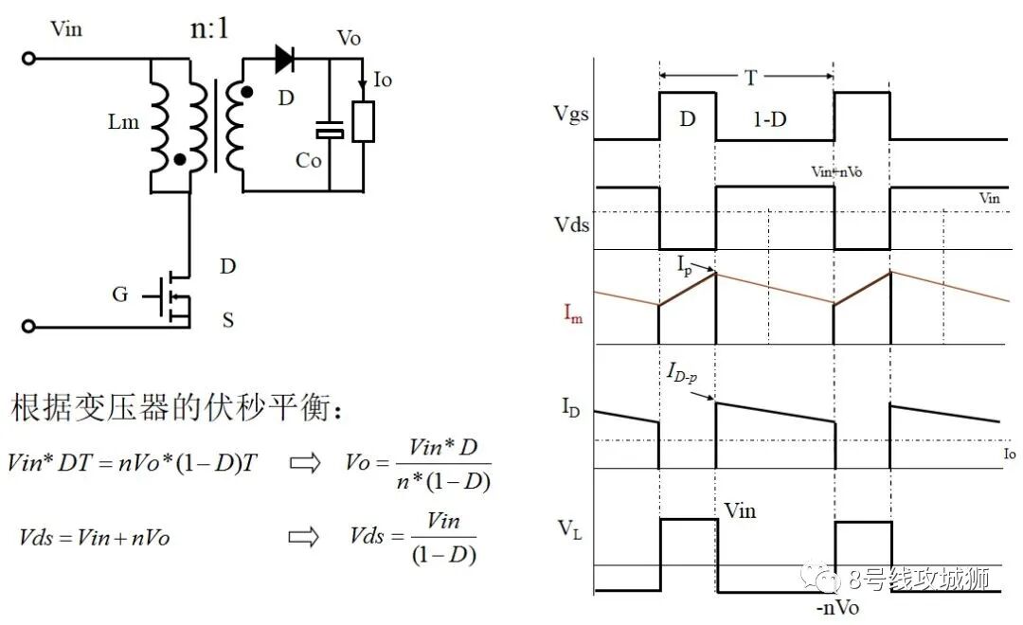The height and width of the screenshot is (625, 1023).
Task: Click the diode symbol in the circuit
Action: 284,59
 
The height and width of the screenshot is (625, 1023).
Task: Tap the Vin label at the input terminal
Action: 66,28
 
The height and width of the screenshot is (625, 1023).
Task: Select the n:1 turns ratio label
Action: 209,28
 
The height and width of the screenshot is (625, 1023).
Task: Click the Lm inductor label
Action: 123,121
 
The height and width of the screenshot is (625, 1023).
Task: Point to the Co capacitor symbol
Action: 330,130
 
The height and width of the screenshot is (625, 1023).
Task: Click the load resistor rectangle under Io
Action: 364,122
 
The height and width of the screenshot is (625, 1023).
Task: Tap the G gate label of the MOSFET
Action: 120,295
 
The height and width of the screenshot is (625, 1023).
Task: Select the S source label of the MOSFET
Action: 227,320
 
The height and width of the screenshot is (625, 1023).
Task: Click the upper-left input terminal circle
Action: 28,59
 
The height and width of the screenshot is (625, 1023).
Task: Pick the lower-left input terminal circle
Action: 28,326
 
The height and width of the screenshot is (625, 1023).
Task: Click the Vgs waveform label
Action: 571,115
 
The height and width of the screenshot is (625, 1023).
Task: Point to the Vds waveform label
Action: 571,225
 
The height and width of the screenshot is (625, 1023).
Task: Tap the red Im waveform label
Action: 573,313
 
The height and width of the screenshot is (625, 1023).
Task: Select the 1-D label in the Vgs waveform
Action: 770,119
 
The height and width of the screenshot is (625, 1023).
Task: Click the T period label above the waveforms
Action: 751,78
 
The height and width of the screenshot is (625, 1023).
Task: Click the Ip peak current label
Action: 685,265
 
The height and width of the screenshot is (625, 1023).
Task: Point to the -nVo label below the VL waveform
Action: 837,607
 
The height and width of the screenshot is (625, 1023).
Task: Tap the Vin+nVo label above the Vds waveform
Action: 836,171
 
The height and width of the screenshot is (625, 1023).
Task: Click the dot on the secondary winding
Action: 246,93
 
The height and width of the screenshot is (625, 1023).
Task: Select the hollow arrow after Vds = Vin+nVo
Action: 304,537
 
